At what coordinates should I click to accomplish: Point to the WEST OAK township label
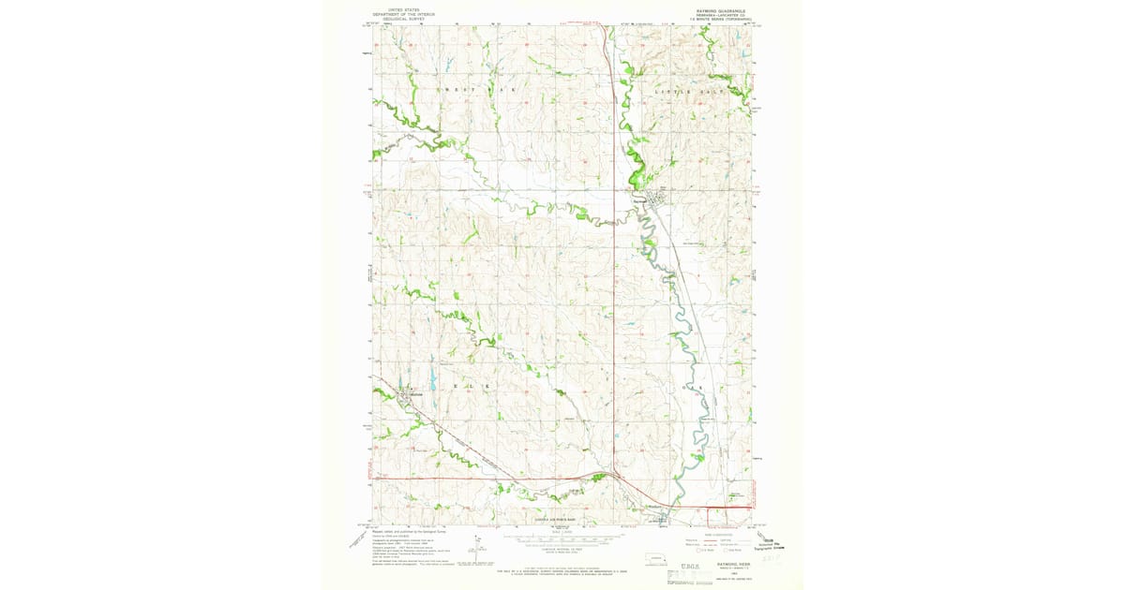click(475, 88)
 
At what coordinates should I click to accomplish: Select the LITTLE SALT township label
click(691, 92)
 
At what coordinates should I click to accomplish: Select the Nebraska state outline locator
click(656, 559)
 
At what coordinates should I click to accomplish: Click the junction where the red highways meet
click(613, 477)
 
